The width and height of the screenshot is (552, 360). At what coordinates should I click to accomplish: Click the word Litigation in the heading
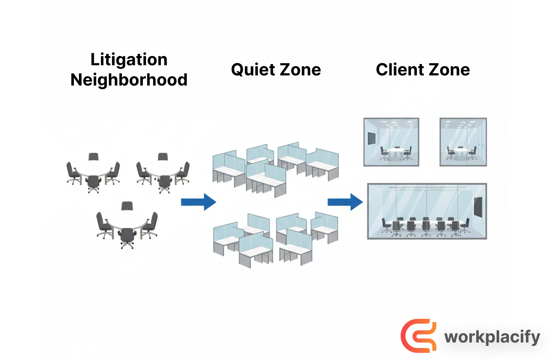tap(129, 60)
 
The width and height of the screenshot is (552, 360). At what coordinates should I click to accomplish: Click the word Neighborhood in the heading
tap(129, 80)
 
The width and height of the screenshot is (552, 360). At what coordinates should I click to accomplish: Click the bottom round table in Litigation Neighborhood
tap(127, 220)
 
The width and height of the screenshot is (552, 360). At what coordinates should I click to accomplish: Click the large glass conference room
tap(427, 211)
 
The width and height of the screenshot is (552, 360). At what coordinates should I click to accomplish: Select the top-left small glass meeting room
tap(391, 142)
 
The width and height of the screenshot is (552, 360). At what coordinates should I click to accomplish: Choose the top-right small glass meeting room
tap(463, 142)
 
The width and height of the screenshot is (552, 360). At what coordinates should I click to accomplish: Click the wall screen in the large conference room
tap(478, 207)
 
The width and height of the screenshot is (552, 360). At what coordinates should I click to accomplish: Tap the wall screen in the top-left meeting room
tap(371, 138)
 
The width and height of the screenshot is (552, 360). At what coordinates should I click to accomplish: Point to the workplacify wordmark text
tap(492, 337)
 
